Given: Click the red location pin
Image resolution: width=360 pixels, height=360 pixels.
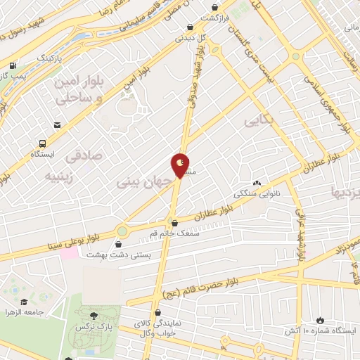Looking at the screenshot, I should point(181,165).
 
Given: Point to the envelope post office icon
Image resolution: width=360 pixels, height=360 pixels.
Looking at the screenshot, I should point(56,125).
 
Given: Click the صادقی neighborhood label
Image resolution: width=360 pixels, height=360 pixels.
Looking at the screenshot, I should point(88,154).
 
